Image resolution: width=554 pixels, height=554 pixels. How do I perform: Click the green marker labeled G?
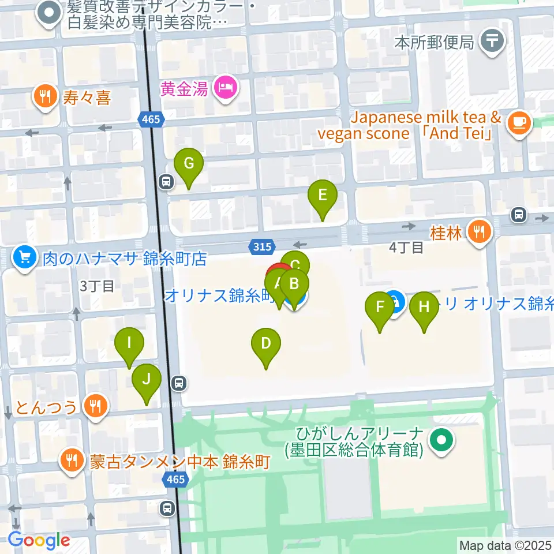pos(189,164)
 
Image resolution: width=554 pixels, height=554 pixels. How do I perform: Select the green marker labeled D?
pos(266,344)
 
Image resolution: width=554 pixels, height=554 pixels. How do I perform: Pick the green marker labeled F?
pos(380,308)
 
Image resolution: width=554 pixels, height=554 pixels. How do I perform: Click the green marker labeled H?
pos(424,308)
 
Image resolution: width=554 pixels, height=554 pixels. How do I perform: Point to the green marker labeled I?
pos(129,343)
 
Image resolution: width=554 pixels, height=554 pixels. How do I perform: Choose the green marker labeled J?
pos(147,380)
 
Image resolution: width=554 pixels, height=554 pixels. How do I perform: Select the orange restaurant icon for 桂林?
pos(478,233)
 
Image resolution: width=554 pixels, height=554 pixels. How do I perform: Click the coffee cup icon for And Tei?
pos(518,123)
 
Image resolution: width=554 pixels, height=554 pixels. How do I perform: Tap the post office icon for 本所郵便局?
pos(492,42)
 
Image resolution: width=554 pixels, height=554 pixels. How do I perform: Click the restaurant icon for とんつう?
pos(93,407)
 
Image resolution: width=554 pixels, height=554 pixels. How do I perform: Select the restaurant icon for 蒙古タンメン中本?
pos(72,461)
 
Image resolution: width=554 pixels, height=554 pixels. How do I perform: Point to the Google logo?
pos(39,540)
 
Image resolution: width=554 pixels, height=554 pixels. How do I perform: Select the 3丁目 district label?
pos(97,286)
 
